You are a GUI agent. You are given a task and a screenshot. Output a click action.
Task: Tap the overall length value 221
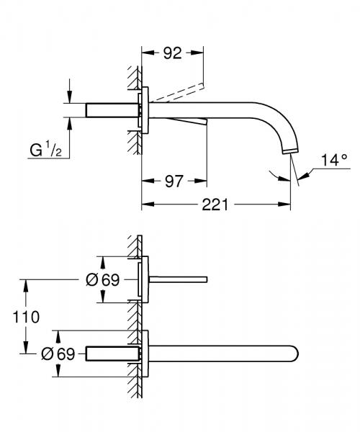[x=214, y=205]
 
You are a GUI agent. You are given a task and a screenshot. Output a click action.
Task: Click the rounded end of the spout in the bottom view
[x=294, y=354]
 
